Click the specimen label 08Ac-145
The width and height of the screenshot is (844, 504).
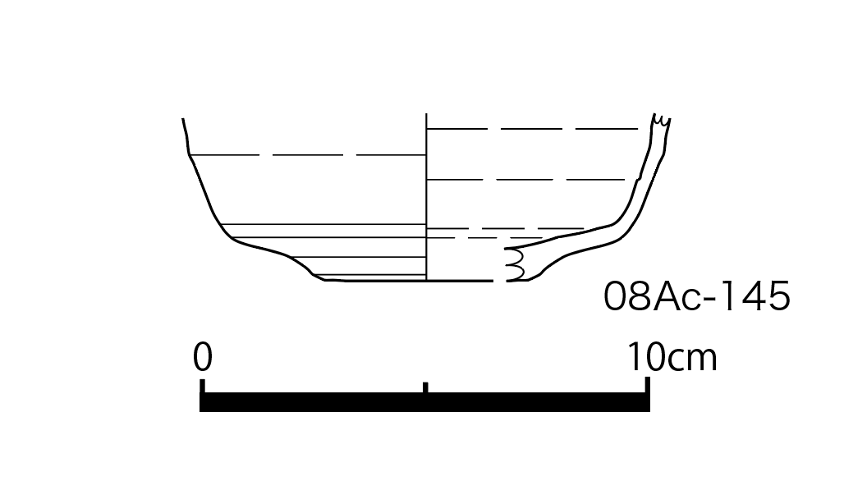click(x=696, y=296)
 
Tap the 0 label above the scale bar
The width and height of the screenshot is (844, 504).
click(x=203, y=357)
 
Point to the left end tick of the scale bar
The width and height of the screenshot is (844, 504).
click(x=203, y=386)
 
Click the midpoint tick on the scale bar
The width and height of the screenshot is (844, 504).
click(x=425, y=387)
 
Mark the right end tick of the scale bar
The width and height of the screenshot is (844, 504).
click(x=648, y=385)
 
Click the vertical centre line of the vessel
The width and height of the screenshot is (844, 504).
click(x=426, y=197)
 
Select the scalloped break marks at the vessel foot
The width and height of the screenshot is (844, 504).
click(x=515, y=264)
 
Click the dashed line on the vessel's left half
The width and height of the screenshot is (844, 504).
click(x=308, y=155)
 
